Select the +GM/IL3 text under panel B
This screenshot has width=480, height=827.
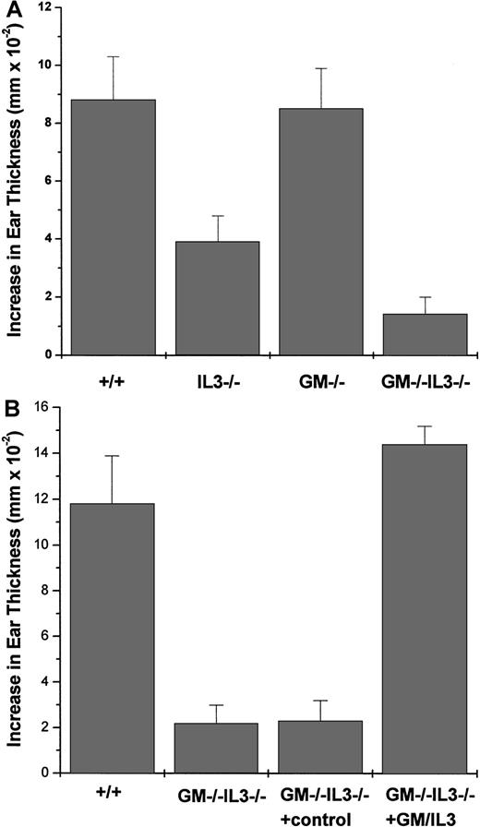click(424, 816)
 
